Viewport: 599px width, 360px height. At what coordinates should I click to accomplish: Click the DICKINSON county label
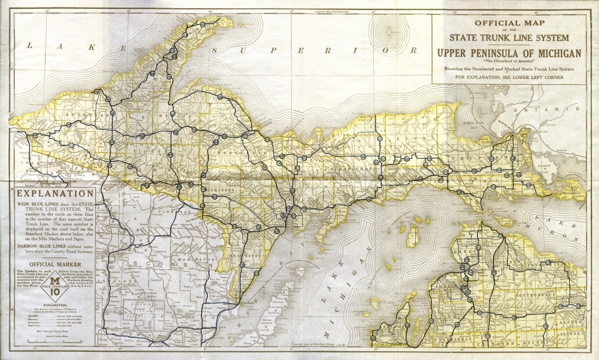[x=220, y=190]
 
